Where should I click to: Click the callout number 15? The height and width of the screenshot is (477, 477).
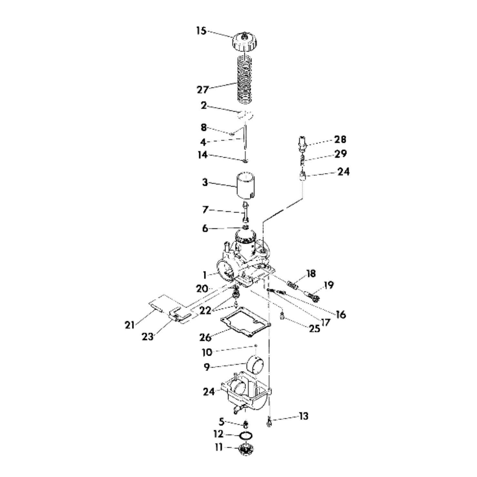click(x=201, y=31)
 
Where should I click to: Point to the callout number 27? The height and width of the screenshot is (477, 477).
click(x=203, y=89)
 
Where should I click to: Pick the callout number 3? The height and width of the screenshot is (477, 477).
click(x=205, y=182)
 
